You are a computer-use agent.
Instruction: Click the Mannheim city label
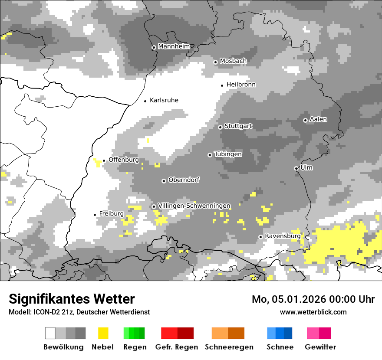pos(174,46)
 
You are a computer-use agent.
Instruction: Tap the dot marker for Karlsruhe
pos(145,101)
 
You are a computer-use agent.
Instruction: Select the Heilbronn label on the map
pos(241,85)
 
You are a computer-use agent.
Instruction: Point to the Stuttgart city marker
pos(220,127)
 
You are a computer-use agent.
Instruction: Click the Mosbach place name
pos(233,61)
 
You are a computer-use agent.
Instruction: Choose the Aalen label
pos(318,119)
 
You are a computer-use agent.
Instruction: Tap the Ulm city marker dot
pos(296,168)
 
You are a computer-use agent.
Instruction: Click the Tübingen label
pos(228,154)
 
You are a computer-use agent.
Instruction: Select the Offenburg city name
pos(124,160)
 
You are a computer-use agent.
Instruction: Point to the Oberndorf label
pos(184,180)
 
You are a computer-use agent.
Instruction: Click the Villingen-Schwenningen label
pos(194,206)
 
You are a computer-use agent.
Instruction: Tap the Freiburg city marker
pos(95,215)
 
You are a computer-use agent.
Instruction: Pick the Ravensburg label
pos(283,236)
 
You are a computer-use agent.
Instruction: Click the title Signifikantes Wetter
pos(72,299)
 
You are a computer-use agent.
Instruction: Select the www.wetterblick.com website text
pos(313,312)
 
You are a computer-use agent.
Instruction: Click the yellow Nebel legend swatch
pos(103,333)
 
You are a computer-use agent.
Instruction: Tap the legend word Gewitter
pos(320,347)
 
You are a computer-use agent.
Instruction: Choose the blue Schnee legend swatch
pos(280,333)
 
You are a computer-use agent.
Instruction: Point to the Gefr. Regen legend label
pos(177,347)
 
